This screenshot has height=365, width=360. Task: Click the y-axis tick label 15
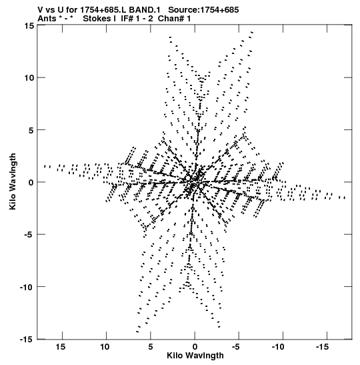tap(29, 25)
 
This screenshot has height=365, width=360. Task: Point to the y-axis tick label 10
tap(29, 77)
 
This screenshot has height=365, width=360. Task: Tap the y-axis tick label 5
tap(31, 130)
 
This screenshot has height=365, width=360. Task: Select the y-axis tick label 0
tap(31, 182)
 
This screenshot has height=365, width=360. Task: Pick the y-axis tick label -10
tap(27, 287)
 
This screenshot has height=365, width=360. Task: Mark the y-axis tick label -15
tap(27, 339)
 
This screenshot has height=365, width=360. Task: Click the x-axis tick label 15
tap(61, 347)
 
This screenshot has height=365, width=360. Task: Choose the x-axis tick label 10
tap(105, 347)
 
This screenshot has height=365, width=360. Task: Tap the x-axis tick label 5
tap(151, 347)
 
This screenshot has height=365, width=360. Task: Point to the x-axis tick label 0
tap(195, 347)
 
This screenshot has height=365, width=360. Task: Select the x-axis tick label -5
tap(236, 347)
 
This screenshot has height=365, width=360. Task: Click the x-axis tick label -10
tap(278, 347)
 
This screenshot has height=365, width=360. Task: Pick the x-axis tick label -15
tap(322, 347)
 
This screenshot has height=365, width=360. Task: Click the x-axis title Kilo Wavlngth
tap(195, 356)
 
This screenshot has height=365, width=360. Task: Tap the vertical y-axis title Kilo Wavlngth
tap(13, 181)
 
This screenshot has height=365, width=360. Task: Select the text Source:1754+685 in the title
tap(203, 10)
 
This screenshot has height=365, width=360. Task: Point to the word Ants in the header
tap(47, 19)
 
